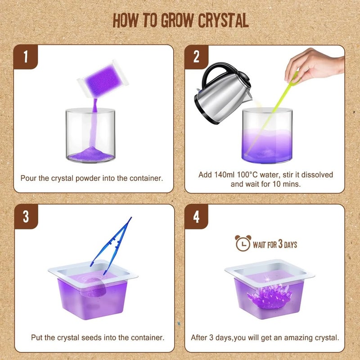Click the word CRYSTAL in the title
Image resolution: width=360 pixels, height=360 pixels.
(223, 20)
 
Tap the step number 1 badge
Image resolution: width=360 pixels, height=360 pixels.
(26, 57)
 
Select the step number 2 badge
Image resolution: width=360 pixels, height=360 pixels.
(196, 57)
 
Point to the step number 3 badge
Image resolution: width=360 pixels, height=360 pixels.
(26, 216)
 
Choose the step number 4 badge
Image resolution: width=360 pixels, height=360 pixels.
(196, 216)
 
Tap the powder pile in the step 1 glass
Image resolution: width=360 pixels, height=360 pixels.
(91, 154)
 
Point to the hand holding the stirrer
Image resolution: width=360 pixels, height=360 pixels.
(314, 65)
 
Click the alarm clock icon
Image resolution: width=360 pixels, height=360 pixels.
(243, 243)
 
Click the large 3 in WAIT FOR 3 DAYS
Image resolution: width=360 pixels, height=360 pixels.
(280, 243)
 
